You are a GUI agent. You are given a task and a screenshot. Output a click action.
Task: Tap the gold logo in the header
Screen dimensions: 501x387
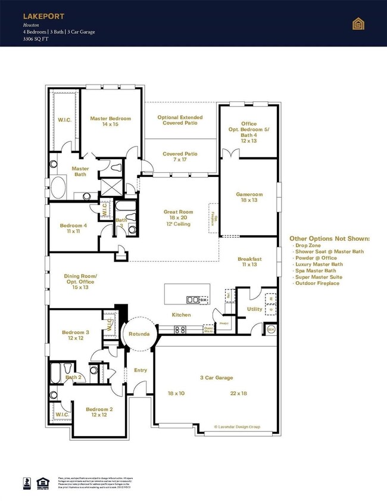tap(358, 23)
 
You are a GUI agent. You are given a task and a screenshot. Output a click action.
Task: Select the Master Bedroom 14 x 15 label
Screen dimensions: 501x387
tap(111, 122)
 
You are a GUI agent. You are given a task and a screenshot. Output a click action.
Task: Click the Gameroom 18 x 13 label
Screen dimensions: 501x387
tap(248, 197)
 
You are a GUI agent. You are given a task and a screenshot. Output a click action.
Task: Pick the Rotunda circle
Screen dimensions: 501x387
tap(139, 334)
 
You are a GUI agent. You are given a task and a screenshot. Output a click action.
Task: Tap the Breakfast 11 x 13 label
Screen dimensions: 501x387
tap(249, 262)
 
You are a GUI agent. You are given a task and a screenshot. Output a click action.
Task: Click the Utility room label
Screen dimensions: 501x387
tap(255, 309)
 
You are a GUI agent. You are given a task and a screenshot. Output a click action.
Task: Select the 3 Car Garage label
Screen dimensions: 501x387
tap(216, 378)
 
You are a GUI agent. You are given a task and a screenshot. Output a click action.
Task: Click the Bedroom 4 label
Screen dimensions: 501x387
tap(73, 228)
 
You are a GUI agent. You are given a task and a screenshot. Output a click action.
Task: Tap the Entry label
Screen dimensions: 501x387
tap(140, 371)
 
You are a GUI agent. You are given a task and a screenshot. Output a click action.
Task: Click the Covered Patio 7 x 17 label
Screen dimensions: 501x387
tap(180, 157)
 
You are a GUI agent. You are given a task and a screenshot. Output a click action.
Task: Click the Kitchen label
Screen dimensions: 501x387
tap(182, 315)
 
